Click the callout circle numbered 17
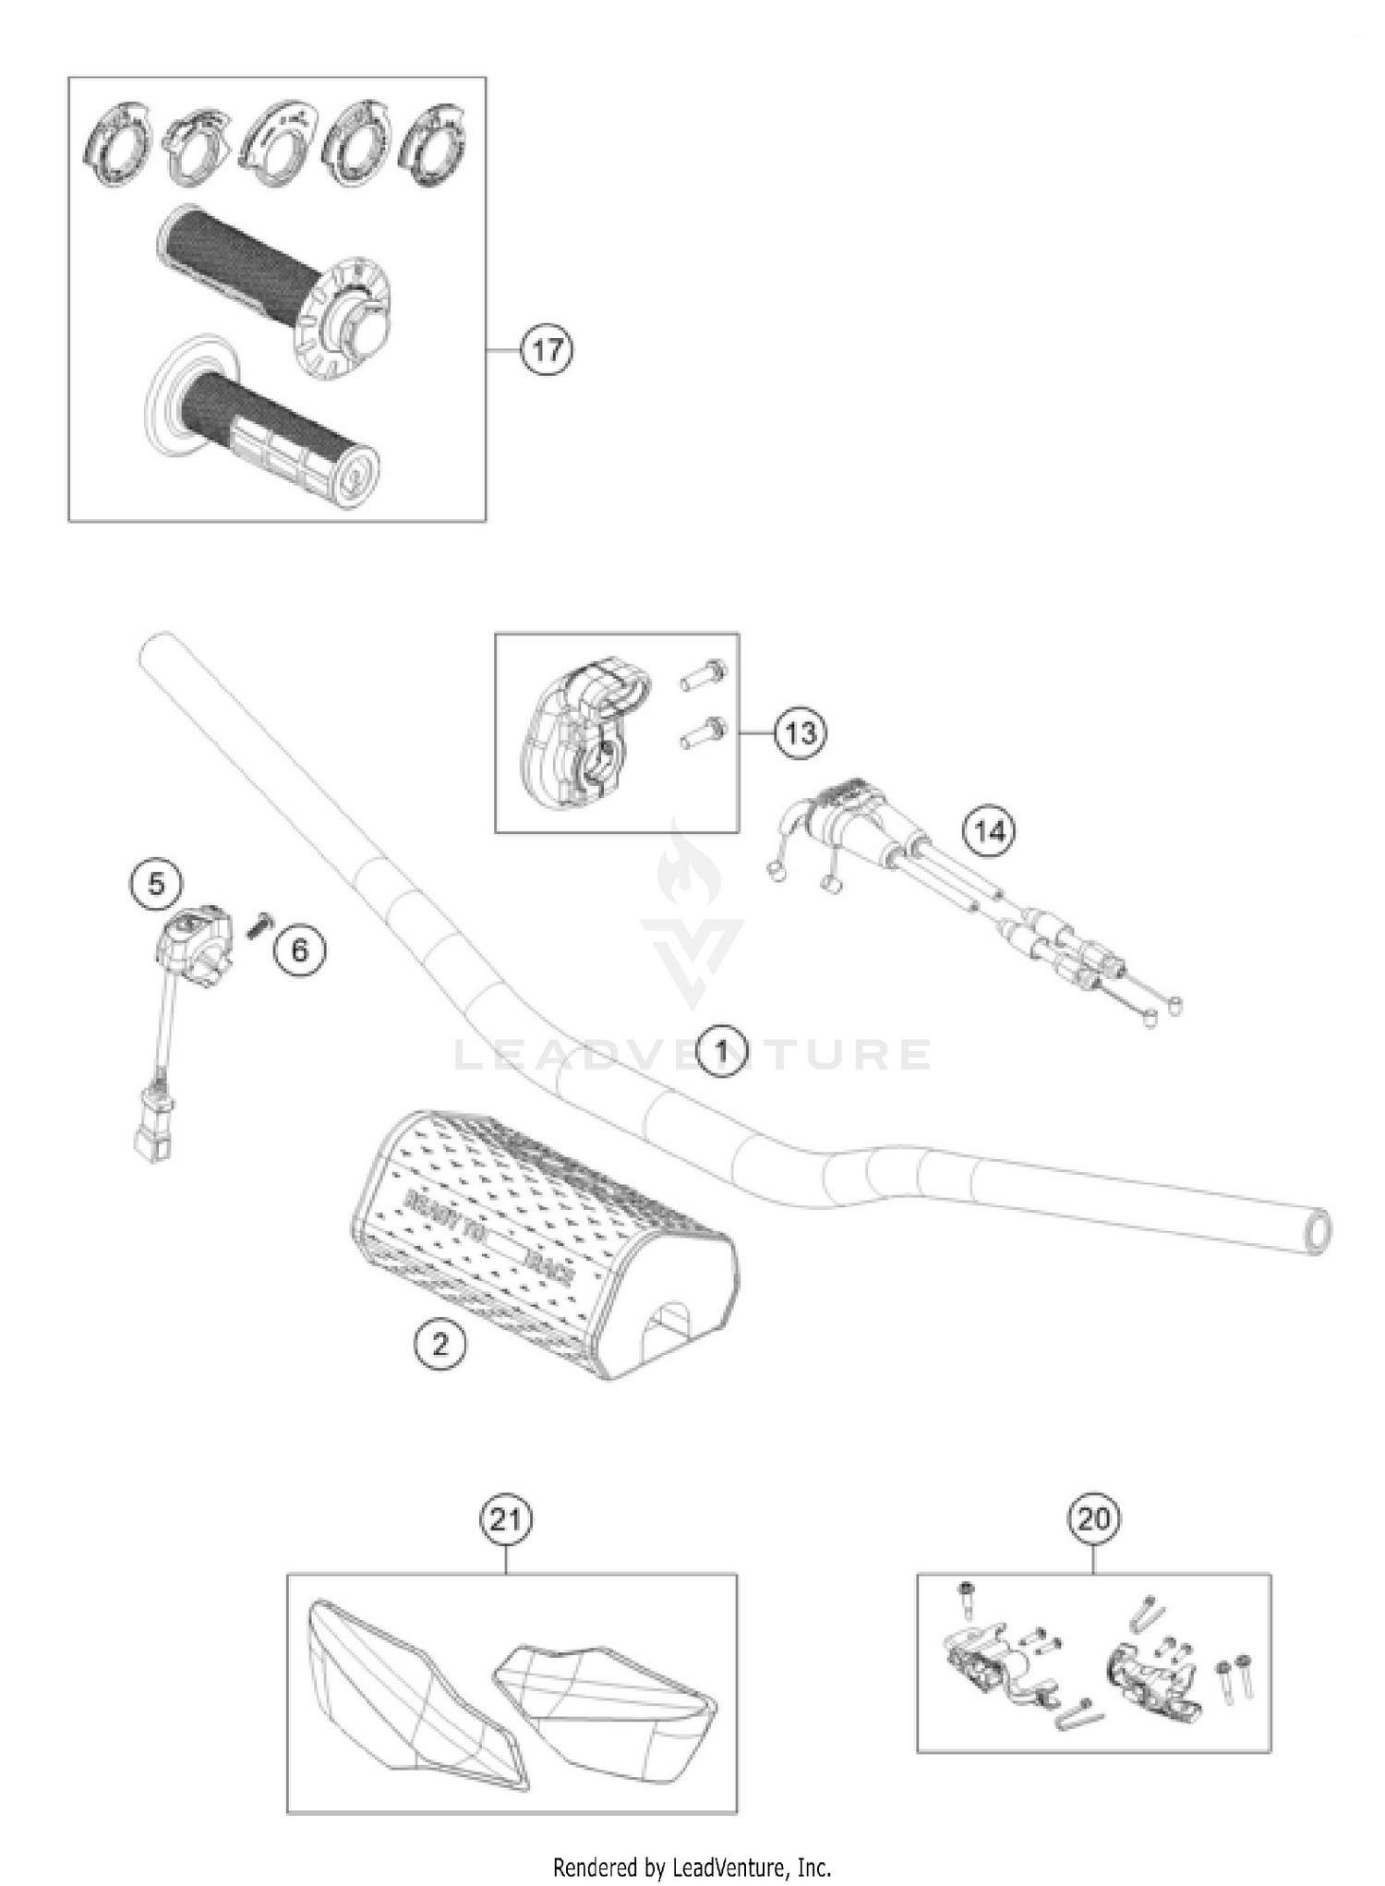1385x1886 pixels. [x=547, y=350]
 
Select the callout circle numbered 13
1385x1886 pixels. [x=800, y=732]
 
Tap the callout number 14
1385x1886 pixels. [x=989, y=830]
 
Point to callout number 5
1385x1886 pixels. [x=155, y=884]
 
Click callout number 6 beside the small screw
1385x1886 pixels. [x=300, y=949]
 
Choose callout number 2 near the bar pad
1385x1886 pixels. [x=440, y=1343]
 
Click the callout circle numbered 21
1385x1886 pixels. [x=506, y=1519]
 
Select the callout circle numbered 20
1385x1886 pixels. [x=1093, y=1518]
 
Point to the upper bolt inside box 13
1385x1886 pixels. [x=705, y=675]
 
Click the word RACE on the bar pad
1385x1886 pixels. [x=550, y=1267]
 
